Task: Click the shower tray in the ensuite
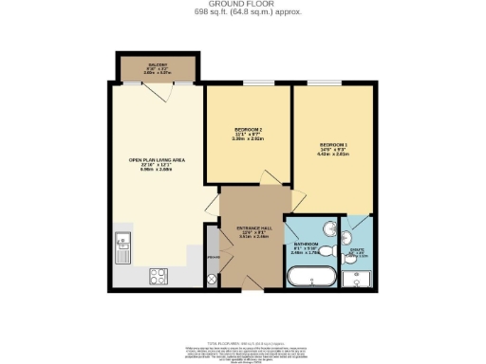[358, 279]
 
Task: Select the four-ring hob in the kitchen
[159, 276]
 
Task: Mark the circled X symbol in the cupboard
[212, 280]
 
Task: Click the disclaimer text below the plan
[243, 350]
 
